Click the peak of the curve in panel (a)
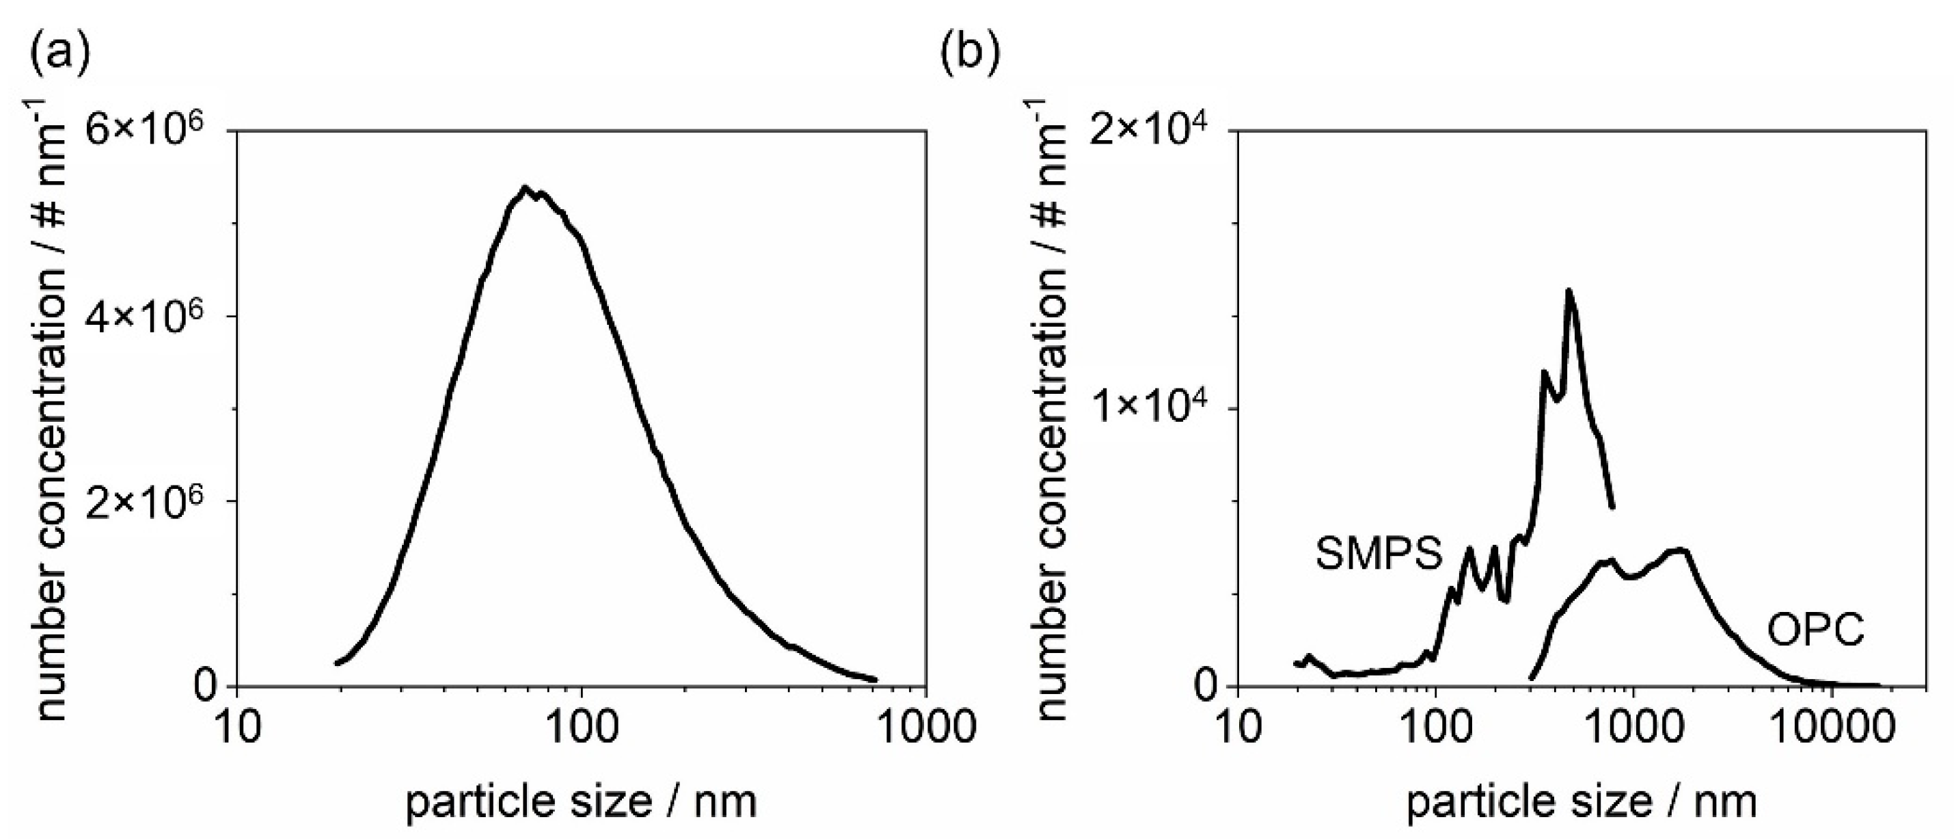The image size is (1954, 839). pos(524,187)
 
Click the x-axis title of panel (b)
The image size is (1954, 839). pos(1582,801)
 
